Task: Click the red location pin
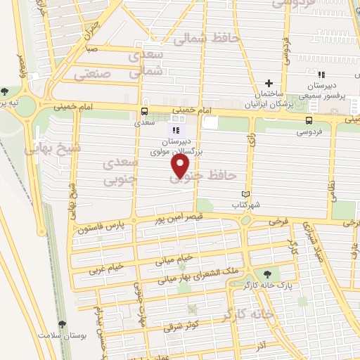[x=181, y=166]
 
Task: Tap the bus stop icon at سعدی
[x=144, y=111]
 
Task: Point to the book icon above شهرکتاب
[x=245, y=194]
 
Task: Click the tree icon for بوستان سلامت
[x=63, y=324]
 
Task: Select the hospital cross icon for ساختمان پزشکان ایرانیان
[x=268, y=83]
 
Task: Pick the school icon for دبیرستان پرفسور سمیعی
[x=321, y=75]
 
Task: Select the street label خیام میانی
[x=176, y=247]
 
